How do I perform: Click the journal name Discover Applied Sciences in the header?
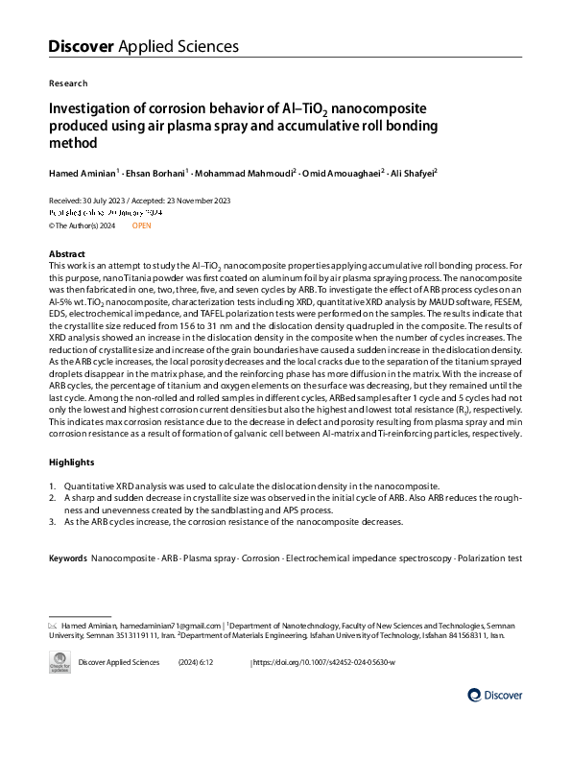coord(143,46)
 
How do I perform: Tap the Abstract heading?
coord(67,253)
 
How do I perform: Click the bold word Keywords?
coord(67,557)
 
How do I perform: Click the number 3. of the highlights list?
coord(53,521)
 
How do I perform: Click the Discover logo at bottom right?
coord(495,695)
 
